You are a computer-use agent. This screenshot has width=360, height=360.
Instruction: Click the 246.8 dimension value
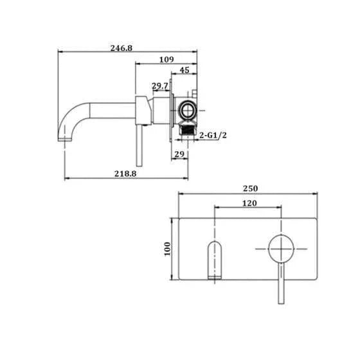point(122,48)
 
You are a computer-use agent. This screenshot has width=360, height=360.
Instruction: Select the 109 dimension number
point(166,60)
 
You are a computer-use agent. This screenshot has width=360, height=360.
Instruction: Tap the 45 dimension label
point(184,70)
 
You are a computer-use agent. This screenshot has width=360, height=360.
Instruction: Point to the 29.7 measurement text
point(160,86)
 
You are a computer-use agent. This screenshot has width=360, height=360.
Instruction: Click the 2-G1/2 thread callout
point(213,135)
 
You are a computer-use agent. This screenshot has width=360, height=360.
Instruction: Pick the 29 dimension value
point(179,154)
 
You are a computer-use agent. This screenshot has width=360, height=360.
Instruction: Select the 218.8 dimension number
point(125,174)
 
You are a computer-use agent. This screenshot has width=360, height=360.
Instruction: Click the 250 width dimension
point(250,188)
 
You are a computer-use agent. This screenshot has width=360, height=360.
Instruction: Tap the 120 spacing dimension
point(249,203)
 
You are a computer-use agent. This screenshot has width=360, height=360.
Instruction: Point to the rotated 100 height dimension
point(167,249)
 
